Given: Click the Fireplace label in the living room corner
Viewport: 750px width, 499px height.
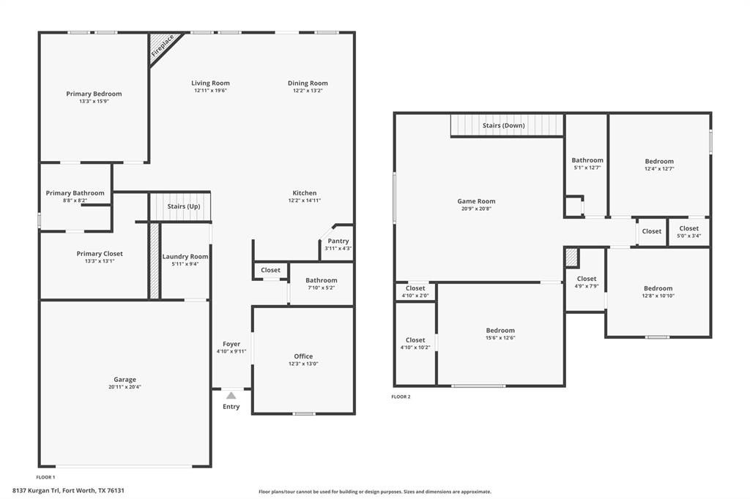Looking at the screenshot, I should coord(163,46).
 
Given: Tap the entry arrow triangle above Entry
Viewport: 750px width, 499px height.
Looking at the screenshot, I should coord(231,395).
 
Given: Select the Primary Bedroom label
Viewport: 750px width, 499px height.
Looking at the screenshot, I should coord(94,94).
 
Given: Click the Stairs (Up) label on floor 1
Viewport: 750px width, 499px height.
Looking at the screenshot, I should coord(183,206).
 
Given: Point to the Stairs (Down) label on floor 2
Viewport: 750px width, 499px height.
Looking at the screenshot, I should coord(503,125).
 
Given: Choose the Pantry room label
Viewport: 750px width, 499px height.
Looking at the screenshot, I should coord(338,241).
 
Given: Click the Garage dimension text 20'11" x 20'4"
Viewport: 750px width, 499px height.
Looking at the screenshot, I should coord(125,387).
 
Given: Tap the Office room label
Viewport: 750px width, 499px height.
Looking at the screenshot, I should coord(303,356).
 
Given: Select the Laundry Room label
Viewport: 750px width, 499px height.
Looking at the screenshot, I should coord(185,257).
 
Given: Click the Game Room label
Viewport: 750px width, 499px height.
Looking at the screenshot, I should coord(476,201).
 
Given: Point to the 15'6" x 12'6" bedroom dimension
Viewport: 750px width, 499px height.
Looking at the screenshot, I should coord(500,338).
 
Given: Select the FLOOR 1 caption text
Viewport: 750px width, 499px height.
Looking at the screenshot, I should coord(45,477).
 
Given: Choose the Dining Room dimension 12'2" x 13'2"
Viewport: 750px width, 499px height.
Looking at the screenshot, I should coord(308,91).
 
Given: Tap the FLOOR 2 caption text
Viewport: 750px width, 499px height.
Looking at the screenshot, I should coord(401,397).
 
